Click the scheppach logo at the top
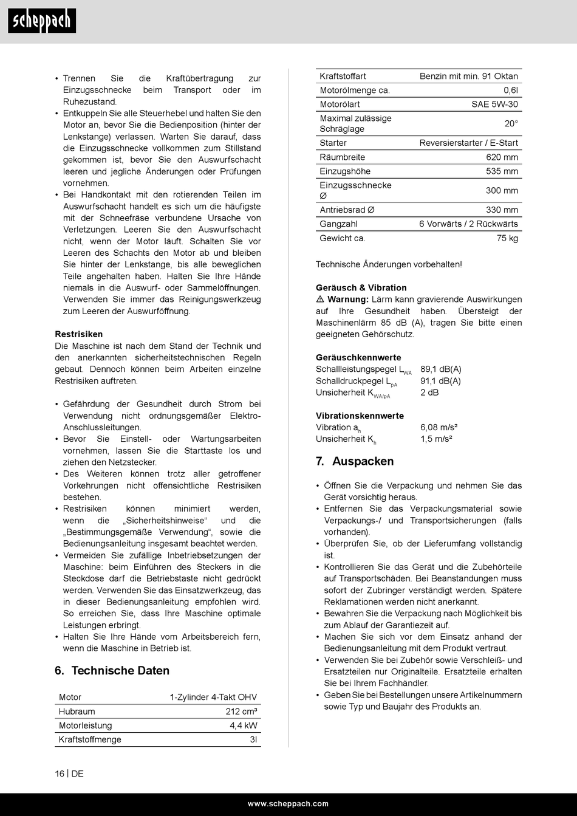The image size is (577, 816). [x=42, y=21]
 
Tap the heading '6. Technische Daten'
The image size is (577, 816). [x=112, y=671]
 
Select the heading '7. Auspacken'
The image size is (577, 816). [x=355, y=461]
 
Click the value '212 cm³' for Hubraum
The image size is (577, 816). [x=241, y=711]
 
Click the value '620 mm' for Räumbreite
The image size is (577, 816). [x=502, y=157]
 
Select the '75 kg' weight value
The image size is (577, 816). [x=507, y=238]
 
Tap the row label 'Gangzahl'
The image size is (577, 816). [x=338, y=224]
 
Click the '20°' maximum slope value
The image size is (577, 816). [x=511, y=123]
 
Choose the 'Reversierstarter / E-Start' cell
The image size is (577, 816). [x=468, y=143]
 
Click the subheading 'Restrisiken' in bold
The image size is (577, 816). [x=79, y=334]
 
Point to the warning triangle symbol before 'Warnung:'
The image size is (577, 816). [x=320, y=300]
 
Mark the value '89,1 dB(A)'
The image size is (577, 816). [x=440, y=369]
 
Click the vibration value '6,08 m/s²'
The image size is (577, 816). [x=439, y=427]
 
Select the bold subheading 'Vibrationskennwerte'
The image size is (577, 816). [x=360, y=416]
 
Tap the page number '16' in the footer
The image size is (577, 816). [x=60, y=773]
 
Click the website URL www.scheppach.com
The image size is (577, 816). [x=288, y=804]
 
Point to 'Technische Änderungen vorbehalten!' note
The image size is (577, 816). [x=389, y=264]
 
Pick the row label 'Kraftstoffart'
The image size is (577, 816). [x=343, y=77]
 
